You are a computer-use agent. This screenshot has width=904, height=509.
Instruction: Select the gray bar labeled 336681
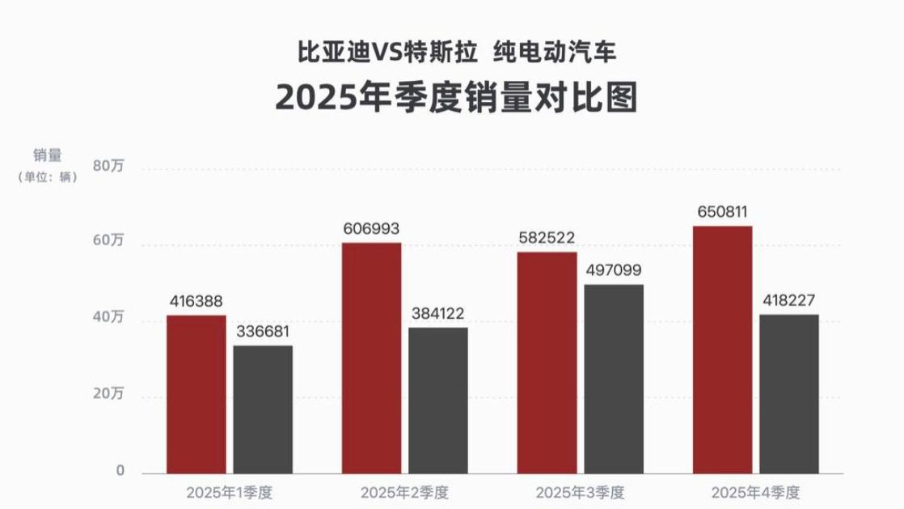[x=263, y=409]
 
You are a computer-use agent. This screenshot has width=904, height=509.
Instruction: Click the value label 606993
[x=372, y=229]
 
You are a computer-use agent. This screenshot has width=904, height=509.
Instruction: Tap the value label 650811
[x=723, y=212]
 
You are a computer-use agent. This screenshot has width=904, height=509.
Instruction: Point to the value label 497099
[x=615, y=270]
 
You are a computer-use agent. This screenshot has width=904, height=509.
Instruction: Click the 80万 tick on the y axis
[x=109, y=168]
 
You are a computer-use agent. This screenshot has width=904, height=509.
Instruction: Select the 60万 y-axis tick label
[x=109, y=242]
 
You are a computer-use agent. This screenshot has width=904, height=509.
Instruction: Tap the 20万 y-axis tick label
[x=109, y=394]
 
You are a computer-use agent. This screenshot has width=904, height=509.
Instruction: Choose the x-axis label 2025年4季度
[x=755, y=491]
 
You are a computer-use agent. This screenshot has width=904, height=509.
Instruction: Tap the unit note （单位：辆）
[x=48, y=177]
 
